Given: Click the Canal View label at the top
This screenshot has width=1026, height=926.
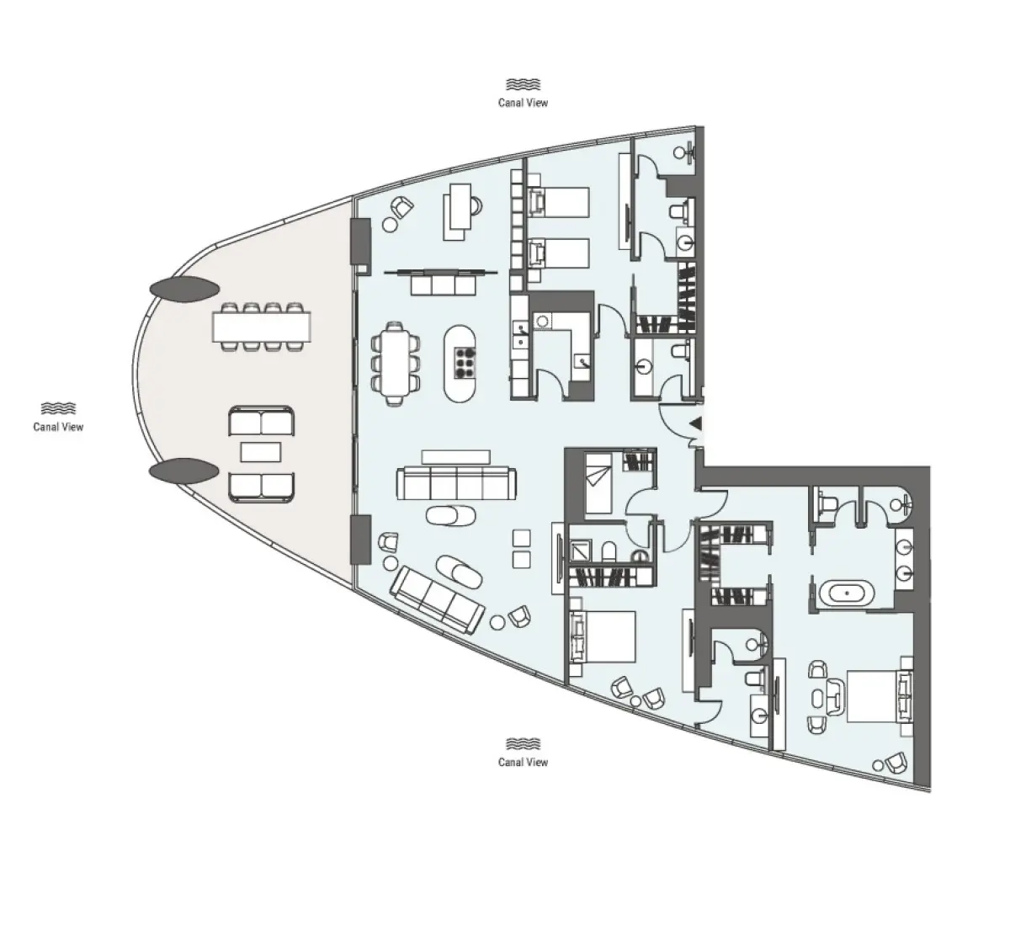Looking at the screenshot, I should click(x=523, y=103).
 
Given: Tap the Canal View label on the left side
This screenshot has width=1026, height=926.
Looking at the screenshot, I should click(x=58, y=426).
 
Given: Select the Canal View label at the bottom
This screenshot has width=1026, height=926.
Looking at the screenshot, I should click(x=523, y=762).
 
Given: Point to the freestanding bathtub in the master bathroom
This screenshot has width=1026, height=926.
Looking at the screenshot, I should click(x=844, y=593).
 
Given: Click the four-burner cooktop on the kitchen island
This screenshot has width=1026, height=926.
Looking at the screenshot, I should click(x=463, y=364).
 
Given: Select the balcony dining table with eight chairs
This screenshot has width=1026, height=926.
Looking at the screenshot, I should click(x=261, y=327).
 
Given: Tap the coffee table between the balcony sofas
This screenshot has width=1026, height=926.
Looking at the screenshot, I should click(x=261, y=452).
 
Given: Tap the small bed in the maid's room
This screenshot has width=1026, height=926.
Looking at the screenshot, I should click(x=601, y=482).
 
